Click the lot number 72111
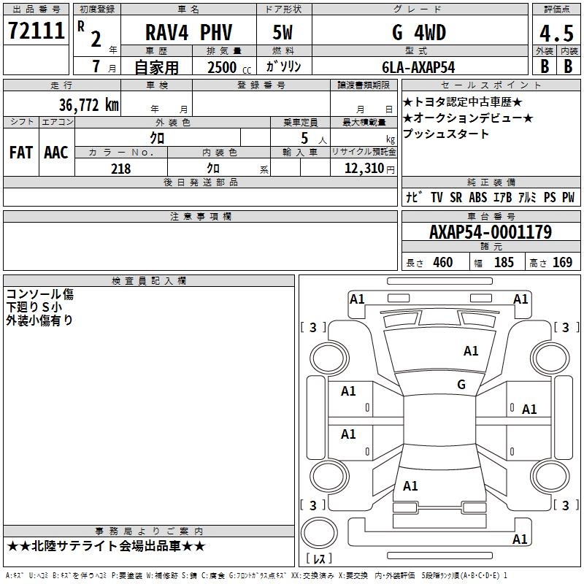click(x=36, y=31)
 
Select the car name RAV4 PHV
click(x=188, y=32)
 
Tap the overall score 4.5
click(x=556, y=34)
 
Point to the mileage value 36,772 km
click(x=88, y=105)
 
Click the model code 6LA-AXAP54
click(x=418, y=67)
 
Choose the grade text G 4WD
click(x=419, y=32)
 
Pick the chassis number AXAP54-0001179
click(x=491, y=232)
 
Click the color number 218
click(x=121, y=169)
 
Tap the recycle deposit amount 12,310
click(x=364, y=169)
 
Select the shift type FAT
click(x=21, y=153)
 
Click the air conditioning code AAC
click(x=56, y=153)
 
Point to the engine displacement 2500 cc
click(x=229, y=67)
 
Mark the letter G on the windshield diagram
click(x=461, y=385)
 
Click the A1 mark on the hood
click(x=471, y=351)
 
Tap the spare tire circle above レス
click(x=319, y=533)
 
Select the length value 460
click(x=443, y=262)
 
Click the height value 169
click(x=562, y=262)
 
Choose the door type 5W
click(x=283, y=32)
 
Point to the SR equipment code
click(x=456, y=197)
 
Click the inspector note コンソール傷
click(x=40, y=294)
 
